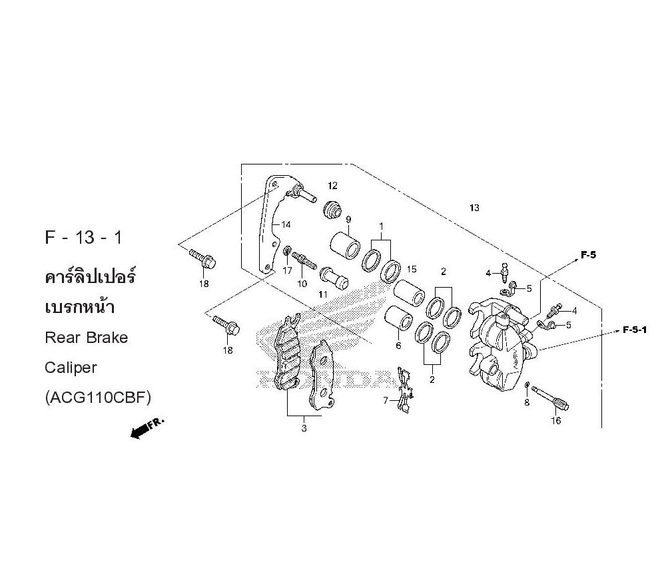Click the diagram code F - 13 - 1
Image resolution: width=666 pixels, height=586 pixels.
point(83,238)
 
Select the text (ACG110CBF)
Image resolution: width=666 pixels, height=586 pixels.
point(98,398)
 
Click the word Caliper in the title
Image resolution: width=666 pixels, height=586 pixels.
point(71,367)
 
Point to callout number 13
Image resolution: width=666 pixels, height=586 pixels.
point(474,208)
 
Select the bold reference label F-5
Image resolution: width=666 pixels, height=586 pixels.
point(588,254)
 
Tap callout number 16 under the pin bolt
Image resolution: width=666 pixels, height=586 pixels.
point(555,421)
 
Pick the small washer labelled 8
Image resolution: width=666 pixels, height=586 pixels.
point(527,386)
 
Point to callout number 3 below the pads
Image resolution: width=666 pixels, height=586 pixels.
point(304,429)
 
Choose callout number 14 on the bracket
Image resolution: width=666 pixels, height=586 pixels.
point(285,224)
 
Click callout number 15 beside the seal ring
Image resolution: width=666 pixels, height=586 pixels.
point(412,269)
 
